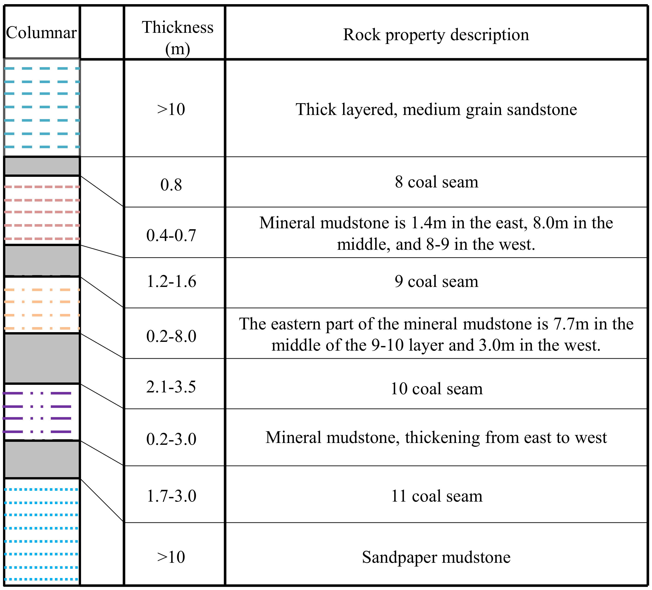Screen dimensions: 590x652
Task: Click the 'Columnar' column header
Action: [x=41, y=33]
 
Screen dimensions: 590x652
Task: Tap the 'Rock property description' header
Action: [x=436, y=35]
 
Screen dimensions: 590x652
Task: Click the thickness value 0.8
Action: [x=171, y=185]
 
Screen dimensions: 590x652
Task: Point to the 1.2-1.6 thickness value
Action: [x=171, y=282]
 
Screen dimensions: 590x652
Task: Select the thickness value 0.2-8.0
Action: [x=171, y=336]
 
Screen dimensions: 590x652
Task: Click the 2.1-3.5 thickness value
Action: [x=171, y=387]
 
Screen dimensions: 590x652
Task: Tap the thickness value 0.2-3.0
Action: [x=171, y=439]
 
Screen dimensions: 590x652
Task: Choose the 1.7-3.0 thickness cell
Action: [x=171, y=496]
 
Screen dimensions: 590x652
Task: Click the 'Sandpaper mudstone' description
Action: [x=436, y=557]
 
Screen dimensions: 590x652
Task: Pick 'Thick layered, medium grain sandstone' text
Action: [x=436, y=109]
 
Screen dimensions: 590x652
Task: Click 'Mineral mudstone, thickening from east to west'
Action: [x=436, y=437]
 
